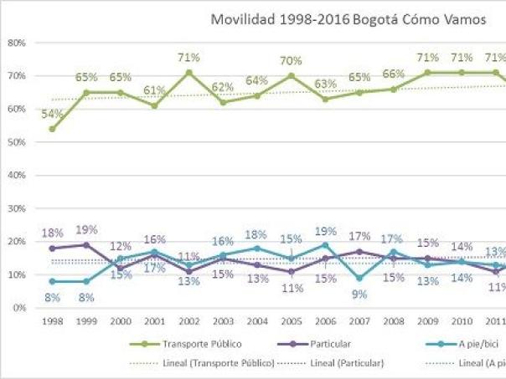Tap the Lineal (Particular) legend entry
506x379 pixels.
click(x=330, y=362)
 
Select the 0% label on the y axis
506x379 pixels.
click(x=18, y=308)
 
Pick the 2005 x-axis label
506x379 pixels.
click(x=291, y=321)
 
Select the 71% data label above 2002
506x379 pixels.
click(x=188, y=58)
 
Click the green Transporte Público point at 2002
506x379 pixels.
click(x=189, y=73)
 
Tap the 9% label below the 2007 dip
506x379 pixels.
click(x=359, y=293)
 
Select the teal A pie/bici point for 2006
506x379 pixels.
click(x=324, y=245)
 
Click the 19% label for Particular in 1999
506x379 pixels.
click(x=87, y=229)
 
